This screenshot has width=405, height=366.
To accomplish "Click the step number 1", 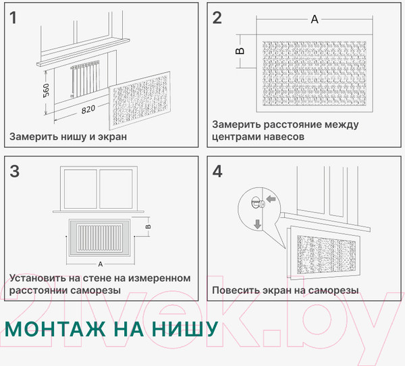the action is coord(13,18).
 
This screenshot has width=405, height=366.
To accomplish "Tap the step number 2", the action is coord(217,18).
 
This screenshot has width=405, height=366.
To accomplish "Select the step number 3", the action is coord(14,171).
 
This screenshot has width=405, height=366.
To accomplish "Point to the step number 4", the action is coord(217,171).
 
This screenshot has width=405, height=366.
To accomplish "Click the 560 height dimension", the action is coord(46,90).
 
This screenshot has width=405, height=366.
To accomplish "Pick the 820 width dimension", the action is coord(88,109).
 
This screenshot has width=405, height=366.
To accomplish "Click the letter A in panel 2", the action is coord(315,19).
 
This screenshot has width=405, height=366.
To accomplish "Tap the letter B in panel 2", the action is coord(240,51).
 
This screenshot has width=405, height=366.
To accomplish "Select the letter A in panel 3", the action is coord(101,264).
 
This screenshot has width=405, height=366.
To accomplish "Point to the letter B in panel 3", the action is coord(148,226).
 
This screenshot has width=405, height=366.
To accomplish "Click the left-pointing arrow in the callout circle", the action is coord(271,199).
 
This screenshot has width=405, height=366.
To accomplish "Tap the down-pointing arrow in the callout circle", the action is coord(258,224).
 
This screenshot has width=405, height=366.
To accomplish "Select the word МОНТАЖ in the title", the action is coord(55,329).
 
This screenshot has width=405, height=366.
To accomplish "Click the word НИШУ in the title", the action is coord(185,329).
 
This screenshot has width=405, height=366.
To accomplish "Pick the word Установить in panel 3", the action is coord(38,278).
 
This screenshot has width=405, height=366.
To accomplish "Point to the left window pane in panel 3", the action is coord(80,189).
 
